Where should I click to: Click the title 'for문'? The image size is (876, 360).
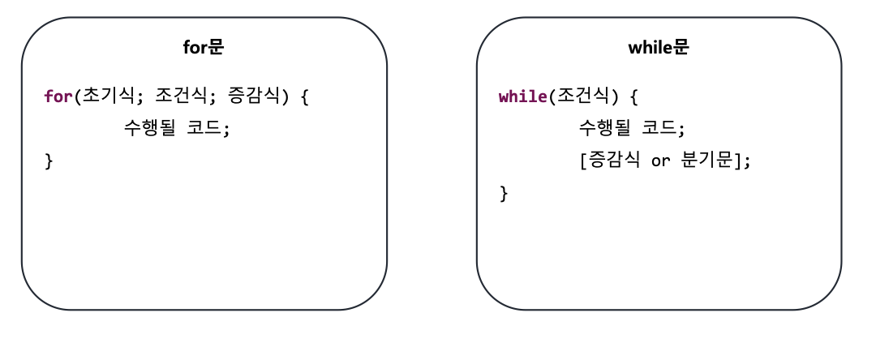click(204, 48)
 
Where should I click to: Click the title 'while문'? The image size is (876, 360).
click(659, 48)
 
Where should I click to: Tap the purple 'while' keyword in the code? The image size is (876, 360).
click(523, 97)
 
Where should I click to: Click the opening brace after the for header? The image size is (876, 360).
click(305, 97)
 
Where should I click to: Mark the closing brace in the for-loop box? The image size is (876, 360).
click(49, 161)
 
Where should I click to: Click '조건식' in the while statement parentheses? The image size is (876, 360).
click(582, 97)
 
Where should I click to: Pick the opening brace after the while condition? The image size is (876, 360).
click(634, 97)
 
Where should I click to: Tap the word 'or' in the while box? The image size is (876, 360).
click(661, 161)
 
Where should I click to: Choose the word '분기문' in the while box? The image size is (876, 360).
click(708, 161)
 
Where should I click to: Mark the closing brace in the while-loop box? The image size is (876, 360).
click(504, 193)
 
